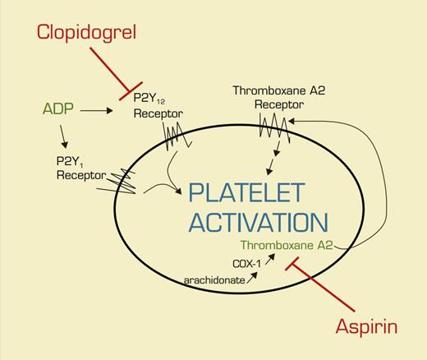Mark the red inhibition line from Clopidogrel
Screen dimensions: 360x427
tap(114, 66)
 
